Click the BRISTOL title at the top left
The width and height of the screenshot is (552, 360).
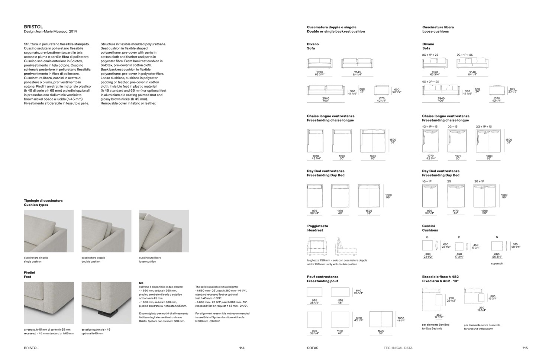33,27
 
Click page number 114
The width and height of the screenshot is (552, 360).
242,348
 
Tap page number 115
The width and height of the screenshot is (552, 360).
525,348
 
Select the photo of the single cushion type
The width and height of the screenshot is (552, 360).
49,231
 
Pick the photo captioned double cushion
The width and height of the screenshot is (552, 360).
106,231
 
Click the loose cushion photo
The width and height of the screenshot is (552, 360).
164,231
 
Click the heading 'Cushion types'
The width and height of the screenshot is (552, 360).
36,205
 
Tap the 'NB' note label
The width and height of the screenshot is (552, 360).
141,283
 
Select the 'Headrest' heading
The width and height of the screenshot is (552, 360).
315,230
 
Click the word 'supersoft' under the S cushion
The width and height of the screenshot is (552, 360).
497,264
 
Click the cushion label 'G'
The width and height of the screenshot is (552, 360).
427,237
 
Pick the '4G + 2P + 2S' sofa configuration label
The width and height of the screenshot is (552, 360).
430,81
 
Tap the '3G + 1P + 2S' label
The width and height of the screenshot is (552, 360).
465,55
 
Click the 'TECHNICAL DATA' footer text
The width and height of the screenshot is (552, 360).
398,348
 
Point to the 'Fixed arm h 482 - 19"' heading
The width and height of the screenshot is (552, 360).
440,281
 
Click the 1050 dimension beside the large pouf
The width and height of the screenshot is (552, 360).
401,318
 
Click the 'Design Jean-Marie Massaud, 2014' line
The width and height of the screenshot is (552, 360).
50,32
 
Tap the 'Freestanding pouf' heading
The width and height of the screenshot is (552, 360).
322,281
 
